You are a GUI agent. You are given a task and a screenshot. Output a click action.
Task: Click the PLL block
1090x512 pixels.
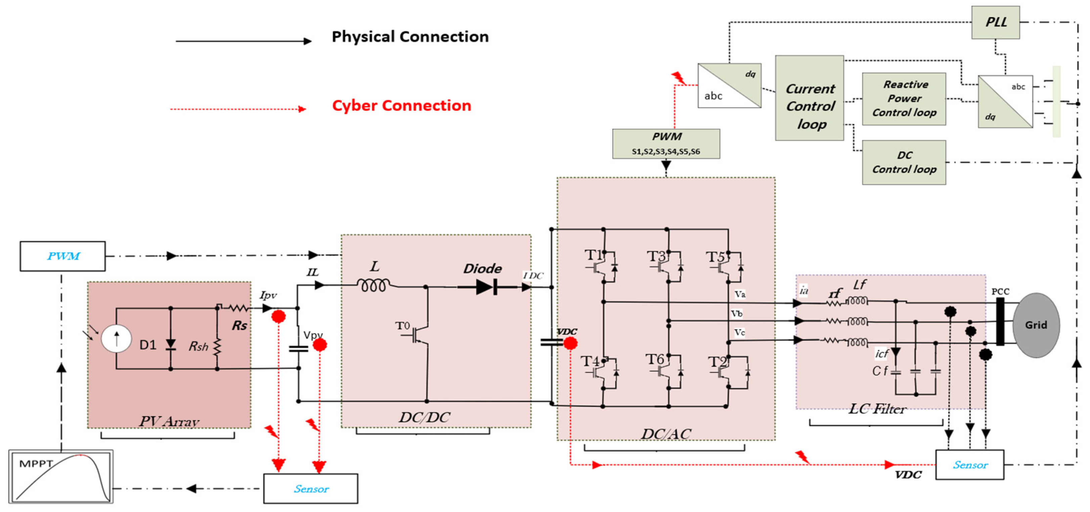(995, 22)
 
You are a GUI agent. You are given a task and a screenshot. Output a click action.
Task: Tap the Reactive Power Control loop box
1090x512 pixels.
(904, 99)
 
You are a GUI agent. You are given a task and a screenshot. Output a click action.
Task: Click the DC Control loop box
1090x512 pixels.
(904, 162)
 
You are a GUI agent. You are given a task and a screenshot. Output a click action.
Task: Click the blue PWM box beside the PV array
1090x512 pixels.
(62, 256)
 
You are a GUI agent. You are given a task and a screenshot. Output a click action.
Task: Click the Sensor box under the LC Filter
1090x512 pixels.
(969, 465)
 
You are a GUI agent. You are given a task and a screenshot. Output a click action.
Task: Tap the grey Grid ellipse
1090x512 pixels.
(1036, 325)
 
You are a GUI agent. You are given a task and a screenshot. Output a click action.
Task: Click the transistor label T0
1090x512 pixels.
(402, 326)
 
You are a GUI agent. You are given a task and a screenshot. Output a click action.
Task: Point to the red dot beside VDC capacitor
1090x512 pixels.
(571, 343)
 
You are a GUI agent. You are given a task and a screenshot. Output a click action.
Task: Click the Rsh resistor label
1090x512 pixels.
(198, 346)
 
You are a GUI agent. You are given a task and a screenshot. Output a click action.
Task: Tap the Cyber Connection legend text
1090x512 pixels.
(401, 105)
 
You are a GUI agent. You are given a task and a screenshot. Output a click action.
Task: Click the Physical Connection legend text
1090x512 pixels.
(410, 37)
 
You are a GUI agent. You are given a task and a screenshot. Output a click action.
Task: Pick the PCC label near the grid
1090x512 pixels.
(1000, 291)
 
